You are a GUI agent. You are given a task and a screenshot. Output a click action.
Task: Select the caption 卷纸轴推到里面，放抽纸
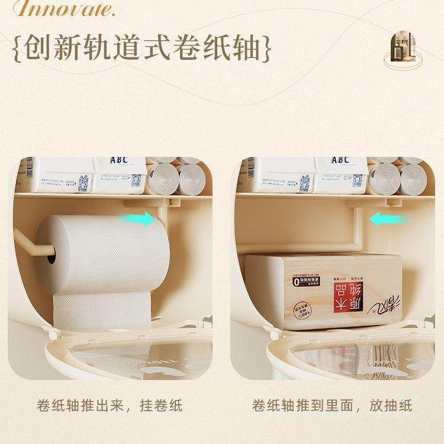pyautogui.click(x=332, y=406)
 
